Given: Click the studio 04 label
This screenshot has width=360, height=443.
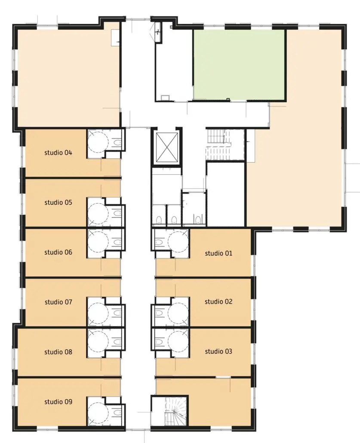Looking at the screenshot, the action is (x=58, y=153).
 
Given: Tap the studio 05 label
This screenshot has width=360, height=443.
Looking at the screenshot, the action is (x=58, y=203).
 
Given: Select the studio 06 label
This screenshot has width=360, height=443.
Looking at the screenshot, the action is (x=58, y=252).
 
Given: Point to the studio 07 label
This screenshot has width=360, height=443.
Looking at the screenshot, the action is (x=58, y=302).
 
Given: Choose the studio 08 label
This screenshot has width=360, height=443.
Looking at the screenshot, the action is (x=58, y=352).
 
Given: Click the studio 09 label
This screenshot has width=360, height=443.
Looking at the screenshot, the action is (x=58, y=402).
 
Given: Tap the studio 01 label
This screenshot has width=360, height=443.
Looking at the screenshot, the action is (x=218, y=253).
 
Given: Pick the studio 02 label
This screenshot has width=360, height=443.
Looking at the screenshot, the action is (x=218, y=302).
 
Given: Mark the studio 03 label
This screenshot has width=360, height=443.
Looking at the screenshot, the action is (x=218, y=351).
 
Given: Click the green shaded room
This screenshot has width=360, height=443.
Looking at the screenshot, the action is (x=239, y=65).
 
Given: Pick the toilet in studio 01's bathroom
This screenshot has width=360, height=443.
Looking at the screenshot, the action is (x=159, y=242).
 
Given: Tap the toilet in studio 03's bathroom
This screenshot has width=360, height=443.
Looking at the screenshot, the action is (x=159, y=342).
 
